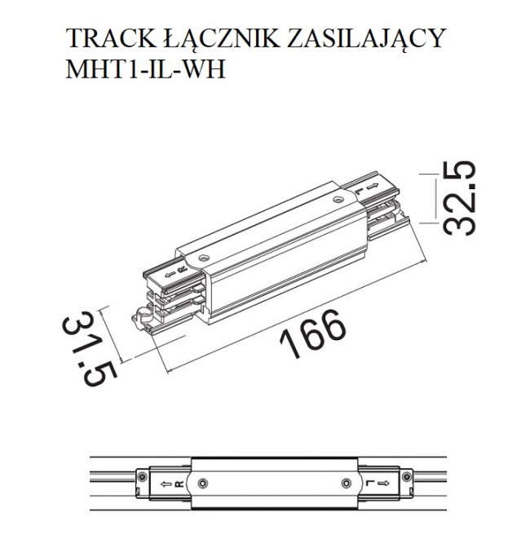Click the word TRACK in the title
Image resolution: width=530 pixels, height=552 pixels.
(x=111, y=38)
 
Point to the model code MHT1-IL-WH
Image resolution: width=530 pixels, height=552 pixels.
(x=145, y=69)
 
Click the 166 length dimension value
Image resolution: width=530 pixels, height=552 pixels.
(x=313, y=333)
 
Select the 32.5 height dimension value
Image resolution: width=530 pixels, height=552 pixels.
(x=458, y=198)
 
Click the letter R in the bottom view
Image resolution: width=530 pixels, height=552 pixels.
(x=179, y=484)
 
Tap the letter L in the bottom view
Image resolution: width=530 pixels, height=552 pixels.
(x=369, y=483)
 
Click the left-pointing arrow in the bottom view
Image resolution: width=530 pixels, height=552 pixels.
(x=166, y=484)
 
